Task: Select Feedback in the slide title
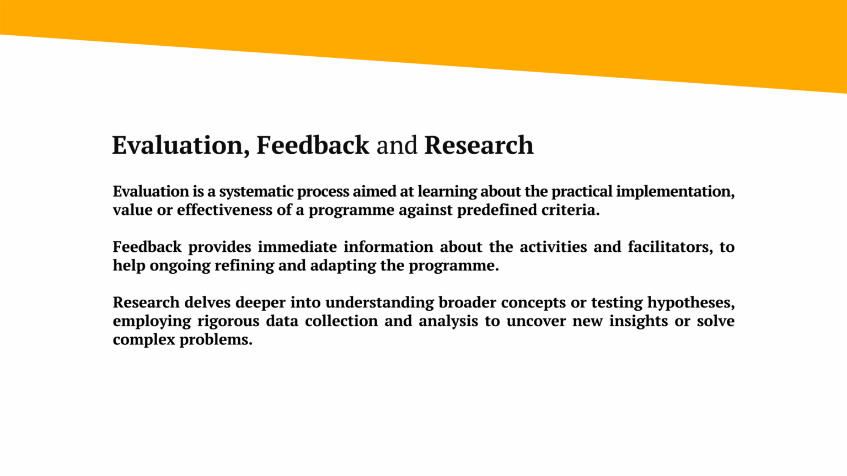313,145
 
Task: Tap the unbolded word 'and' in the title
396,145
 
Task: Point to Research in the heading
479,145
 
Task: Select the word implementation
676,192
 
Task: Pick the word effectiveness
224,210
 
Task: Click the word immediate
297,247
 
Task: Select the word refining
244,266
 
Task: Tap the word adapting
344,266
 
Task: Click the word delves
207,302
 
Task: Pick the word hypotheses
691,303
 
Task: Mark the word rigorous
228,322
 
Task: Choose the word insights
639,322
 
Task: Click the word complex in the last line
144,340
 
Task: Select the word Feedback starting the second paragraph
147,247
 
